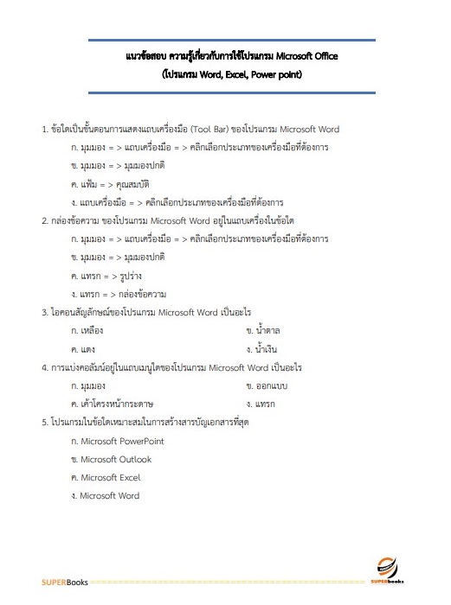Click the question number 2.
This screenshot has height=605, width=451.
pyautogui.click(x=44, y=220)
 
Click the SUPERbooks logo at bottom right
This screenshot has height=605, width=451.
pyautogui.click(x=389, y=570)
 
